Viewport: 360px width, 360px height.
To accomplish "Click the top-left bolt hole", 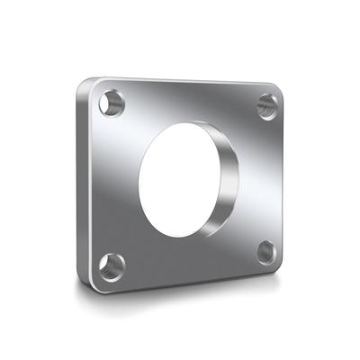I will (x=112, y=103).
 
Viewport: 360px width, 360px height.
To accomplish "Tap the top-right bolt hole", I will (x=267, y=105).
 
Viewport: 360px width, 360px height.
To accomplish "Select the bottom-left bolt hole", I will (x=112, y=265).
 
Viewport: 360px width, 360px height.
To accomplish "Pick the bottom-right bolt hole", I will (x=266, y=252).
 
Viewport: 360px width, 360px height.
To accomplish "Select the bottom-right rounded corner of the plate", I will (x=280, y=266).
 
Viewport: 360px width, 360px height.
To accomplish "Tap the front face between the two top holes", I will (x=189, y=101).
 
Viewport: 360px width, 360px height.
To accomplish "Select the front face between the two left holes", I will (x=110, y=184).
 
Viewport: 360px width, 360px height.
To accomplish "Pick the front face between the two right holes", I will (x=266, y=180).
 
